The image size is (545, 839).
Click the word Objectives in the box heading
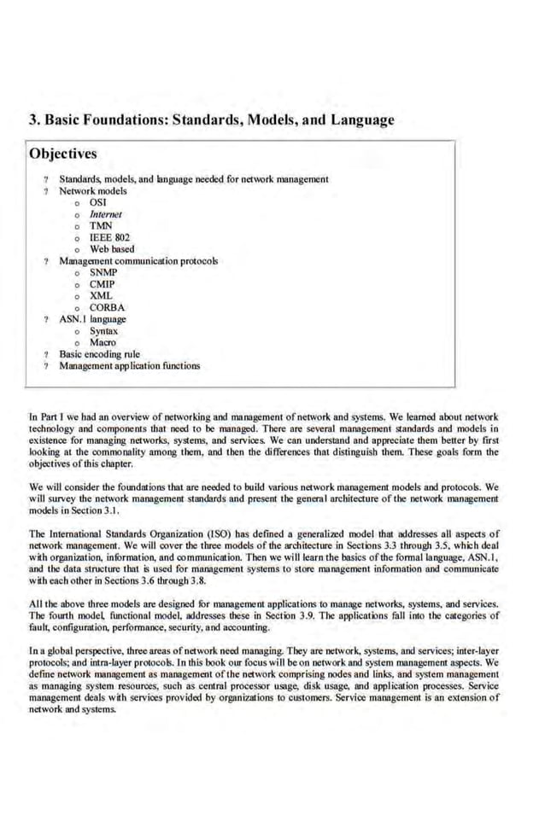[x=62, y=154]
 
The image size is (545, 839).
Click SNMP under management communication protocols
[x=103, y=272]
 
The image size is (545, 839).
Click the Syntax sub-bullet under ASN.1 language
[x=104, y=330]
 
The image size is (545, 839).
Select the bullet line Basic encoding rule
[x=99, y=353]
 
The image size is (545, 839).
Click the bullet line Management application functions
[x=129, y=365]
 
